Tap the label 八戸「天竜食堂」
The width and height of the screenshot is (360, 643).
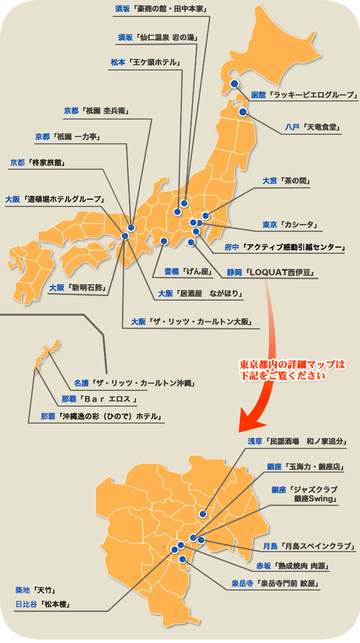coord(313,127)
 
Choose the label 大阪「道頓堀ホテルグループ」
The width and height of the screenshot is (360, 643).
coord(55,199)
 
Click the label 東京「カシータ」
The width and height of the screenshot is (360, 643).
coord(291,224)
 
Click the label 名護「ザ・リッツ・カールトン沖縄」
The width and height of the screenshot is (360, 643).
coord(134,384)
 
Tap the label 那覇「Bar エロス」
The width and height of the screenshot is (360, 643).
coord(99,400)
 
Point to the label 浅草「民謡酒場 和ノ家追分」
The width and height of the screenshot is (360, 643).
coord(297,441)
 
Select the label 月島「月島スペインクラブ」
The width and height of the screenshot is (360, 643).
coord(308,546)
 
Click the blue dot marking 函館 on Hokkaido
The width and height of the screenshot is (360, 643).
coord(234,83)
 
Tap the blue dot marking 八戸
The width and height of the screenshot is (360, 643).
coord(243,112)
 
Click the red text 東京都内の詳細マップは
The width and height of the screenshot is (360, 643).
coord(292,364)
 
